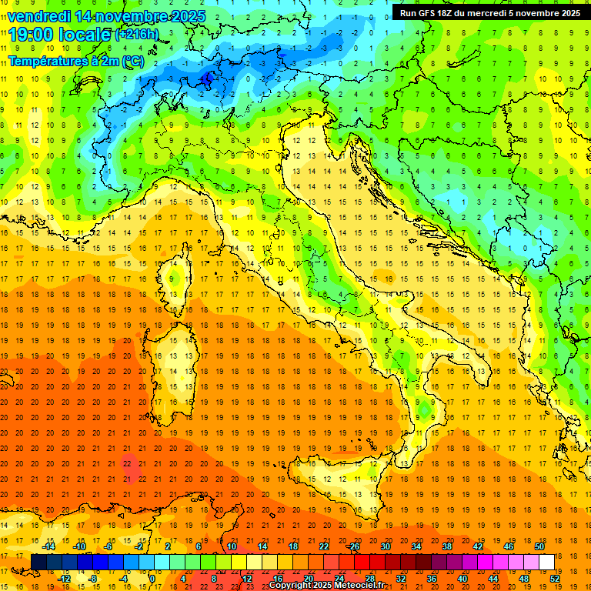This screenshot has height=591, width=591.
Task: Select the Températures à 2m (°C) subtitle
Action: pyautogui.click(x=75, y=61)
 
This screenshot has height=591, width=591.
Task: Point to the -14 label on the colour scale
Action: pyautogui.click(x=48, y=546)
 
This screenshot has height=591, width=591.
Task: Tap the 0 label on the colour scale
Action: pyautogui.click(x=152, y=578)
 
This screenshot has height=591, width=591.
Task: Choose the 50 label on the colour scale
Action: pyautogui.click(x=539, y=546)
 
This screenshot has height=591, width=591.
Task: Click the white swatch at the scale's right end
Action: pyautogui.click(x=546, y=562)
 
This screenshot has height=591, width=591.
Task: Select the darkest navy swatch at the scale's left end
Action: pyautogui.click(x=38, y=562)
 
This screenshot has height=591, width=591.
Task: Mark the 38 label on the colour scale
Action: pyautogui.click(x=446, y=546)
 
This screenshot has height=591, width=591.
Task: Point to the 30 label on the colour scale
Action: pyautogui.click(x=385, y=546)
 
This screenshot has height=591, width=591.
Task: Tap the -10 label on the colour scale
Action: pyautogui.click(x=79, y=546)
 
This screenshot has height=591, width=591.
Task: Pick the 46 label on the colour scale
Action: pyautogui.click(x=509, y=546)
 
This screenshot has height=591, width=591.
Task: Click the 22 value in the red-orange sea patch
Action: pyautogui.click(x=127, y=463)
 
